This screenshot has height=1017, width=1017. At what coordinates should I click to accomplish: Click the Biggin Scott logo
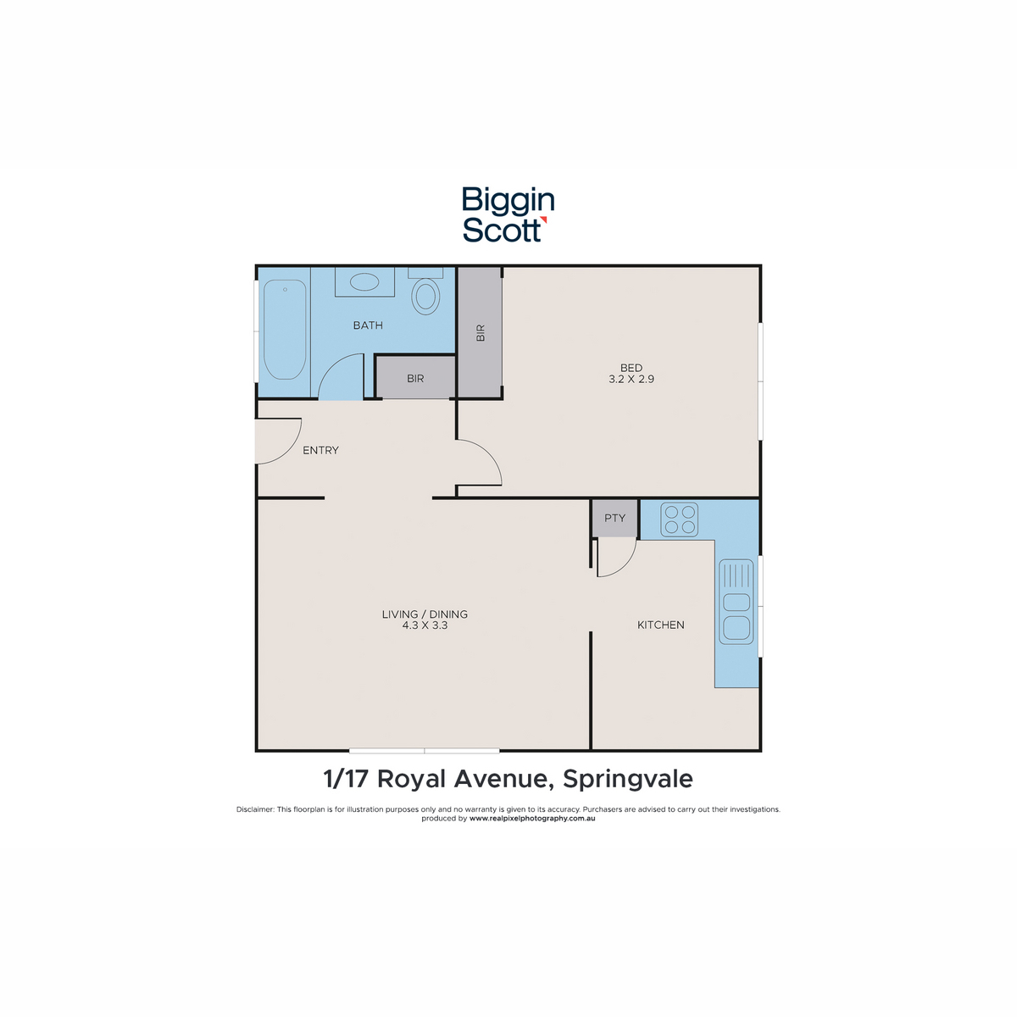pyautogui.click(x=507, y=214)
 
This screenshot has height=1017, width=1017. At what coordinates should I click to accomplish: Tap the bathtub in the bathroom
pyautogui.click(x=285, y=330)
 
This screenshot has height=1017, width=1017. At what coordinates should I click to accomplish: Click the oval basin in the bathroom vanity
pyautogui.click(x=364, y=281)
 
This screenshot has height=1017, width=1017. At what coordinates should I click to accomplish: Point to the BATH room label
pyautogui.click(x=368, y=325)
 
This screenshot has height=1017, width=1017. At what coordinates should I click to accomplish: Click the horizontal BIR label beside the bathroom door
pyautogui.click(x=415, y=378)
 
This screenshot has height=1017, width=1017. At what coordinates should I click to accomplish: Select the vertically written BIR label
pyautogui.click(x=481, y=332)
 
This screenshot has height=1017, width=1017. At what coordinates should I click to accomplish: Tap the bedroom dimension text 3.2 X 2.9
pyautogui.click(x=631, y=379)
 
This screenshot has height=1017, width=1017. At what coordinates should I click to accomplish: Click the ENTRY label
pyautogui.click(x=320, y=450)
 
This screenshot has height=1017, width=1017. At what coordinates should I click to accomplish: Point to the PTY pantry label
pyautogui.click(x=614, y=518)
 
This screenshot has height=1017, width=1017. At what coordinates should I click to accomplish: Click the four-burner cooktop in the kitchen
pyautogui.click(x=679, y=520)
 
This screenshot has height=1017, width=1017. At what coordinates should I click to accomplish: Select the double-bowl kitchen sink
pyautogui.click(x=736, y=602)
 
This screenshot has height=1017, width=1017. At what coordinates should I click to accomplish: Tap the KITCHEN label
pyautogui.click(x=661, y=625)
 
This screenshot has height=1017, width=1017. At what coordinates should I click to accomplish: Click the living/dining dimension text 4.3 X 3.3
pyautogui.click(x=425, y=625)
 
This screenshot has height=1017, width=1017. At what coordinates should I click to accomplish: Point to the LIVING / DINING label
pyautogui.click(x=425, y=614)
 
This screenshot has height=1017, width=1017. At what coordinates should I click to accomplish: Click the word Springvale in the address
pyautogui.click(x=627, y=780)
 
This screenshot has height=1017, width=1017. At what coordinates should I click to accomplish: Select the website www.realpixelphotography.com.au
pyautogui.click(x=532, y=818)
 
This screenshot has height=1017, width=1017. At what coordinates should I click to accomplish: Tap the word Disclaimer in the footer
pyautogui.click(x=255, y=809)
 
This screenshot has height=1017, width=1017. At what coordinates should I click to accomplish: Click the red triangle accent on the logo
pyautogui.click(x=543, y=220)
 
